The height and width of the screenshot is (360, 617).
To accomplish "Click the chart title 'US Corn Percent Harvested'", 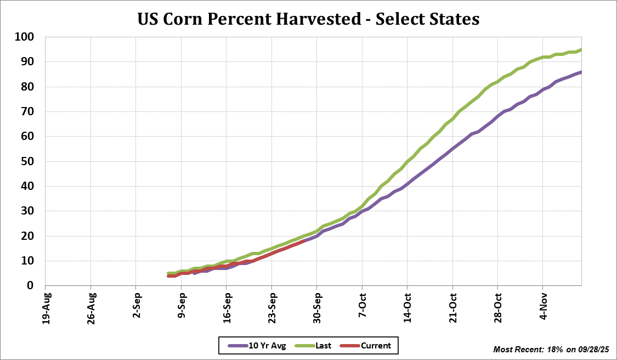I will [x=308, y=19].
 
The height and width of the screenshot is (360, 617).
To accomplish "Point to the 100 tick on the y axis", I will [x=25, y=37].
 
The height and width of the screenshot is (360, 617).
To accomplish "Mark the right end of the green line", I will [x=581, y=50].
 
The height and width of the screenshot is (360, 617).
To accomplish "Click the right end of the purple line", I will [x=581, y=72].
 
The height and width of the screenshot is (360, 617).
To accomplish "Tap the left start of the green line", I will [x=169, y=273].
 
